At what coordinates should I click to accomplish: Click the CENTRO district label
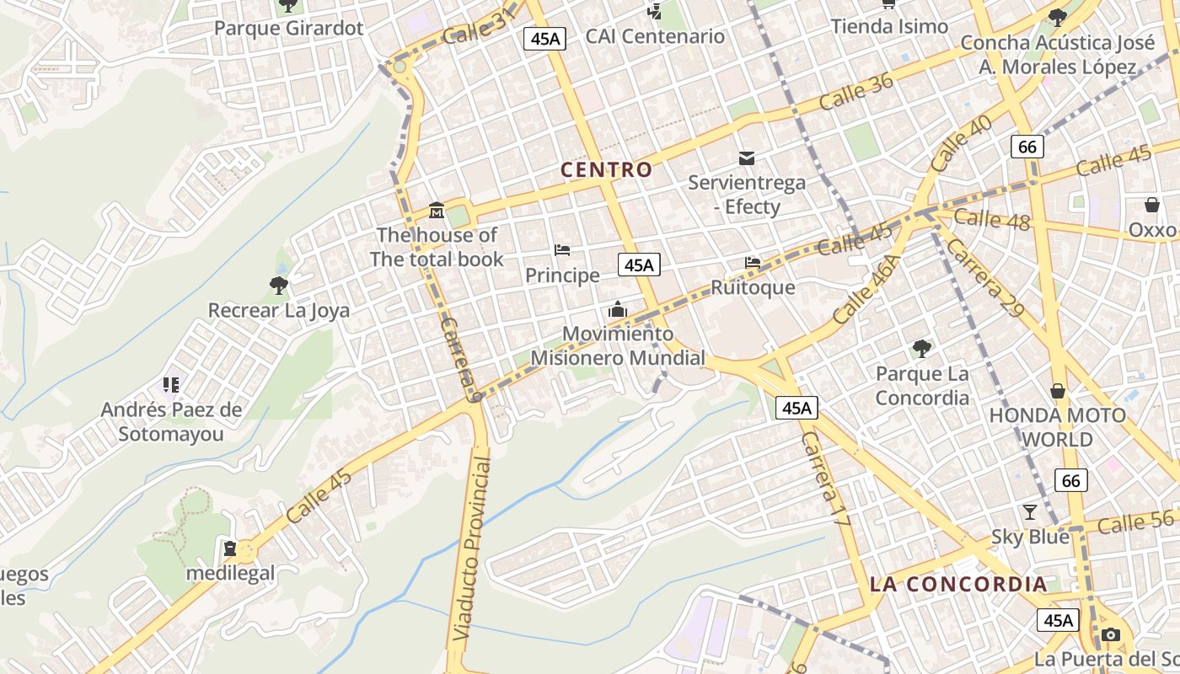(x=607, y=169)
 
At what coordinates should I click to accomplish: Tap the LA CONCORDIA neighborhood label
(x=958, y=584)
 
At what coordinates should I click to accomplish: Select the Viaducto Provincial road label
(x=470, y=548)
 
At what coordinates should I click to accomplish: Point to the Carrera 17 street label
(x=823, y=480)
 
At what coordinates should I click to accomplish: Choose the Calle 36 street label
(x=855, y=91)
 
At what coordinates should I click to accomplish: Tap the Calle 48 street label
(x=992, y=219)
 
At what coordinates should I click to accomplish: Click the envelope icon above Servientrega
(x=747, y=158)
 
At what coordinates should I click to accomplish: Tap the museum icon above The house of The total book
(x=437, y=210)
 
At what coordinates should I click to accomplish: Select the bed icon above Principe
(x=562, y=250)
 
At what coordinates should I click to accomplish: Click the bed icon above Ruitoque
(x=753, y=263)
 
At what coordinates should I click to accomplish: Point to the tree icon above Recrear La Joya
(x=279, y=286)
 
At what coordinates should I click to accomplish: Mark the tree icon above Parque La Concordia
(x=922, y=348)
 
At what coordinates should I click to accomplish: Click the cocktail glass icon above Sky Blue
(x=1029, y=511)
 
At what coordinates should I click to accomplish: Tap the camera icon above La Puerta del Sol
(x=1111, y=634)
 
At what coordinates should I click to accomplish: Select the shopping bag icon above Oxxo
(x=1151, y=205)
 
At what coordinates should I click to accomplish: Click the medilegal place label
(x=230, y=574)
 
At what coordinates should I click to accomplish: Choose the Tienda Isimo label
(x=889, y=26)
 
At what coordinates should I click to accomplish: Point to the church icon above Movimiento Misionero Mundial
(x=618, y=309)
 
